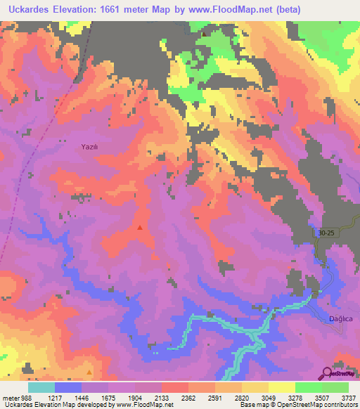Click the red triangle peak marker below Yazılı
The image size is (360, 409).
[140, 228]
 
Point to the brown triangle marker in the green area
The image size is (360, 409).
[205, 33]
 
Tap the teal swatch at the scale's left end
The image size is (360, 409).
[41, 387]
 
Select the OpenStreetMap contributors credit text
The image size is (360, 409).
[314, 405]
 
